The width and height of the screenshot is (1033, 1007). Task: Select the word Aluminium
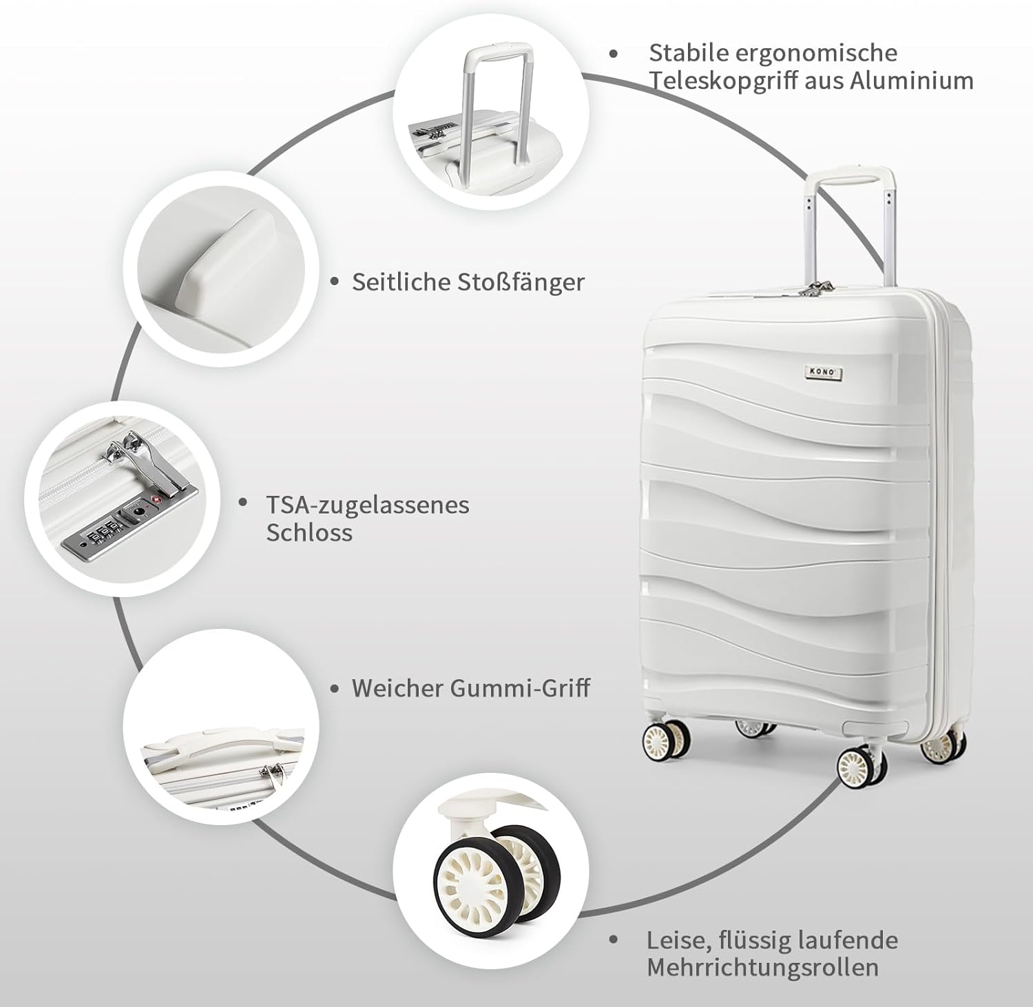(911, 81)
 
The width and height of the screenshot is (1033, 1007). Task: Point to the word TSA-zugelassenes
(368, 505)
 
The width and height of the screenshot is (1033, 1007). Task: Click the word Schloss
(309, 532)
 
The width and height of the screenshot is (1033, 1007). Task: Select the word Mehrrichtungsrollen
(762, 967)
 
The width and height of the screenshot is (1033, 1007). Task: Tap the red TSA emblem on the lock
(156, 498)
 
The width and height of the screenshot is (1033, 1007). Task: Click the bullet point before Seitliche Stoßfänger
(335, 282)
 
